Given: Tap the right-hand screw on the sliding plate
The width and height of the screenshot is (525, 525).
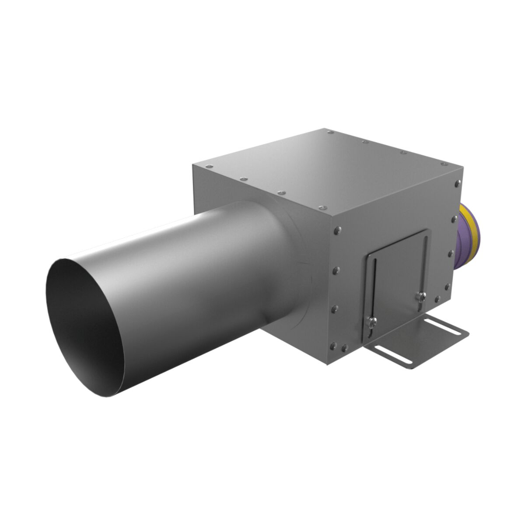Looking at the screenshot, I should (420, 296).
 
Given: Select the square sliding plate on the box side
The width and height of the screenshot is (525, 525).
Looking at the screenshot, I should (396, 280).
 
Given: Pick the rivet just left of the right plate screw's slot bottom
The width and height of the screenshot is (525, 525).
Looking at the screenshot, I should (437, 300).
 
